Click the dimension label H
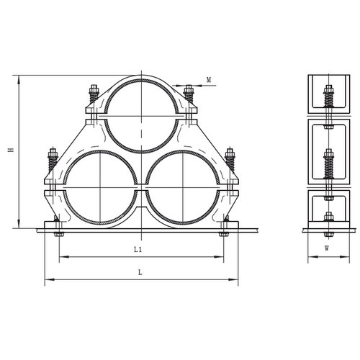pyautogui.click(x=11, y=150)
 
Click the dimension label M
pyautogui.click(x=209, y=80)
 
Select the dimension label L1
pyautogui.click(x=138, y=250)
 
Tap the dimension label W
pyautogui.click(x=327, y=248)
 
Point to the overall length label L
pyautogui.click(x=140, y=272)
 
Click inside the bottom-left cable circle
pyautogui.click(x=100, y=187)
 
